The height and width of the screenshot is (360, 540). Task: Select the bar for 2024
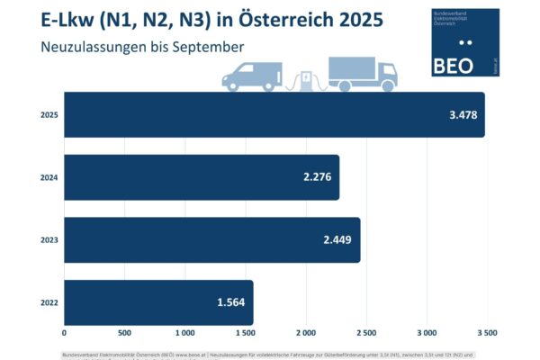[x=202, y=177]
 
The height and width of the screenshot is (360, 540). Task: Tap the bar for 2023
[x=212, y=239]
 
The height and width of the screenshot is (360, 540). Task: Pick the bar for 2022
[x=158, y=301]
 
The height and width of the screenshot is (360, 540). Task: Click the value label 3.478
[x=463, y=115]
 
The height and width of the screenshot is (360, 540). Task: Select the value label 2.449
[x=338, y=239]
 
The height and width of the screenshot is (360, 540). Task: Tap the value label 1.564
[x=231, y=301]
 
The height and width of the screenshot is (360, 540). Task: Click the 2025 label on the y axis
[x=49, y=115]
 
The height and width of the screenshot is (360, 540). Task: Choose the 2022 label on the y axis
[x=49, y=301]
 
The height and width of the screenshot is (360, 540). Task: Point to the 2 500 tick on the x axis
[x=365, y=332]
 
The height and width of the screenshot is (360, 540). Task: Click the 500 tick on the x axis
[x=124, y=332]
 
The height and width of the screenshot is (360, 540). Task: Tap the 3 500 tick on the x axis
[x=486, y=332]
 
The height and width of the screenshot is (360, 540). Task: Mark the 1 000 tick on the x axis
[x=184, y=332]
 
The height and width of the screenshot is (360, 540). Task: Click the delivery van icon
[x=252, y=76]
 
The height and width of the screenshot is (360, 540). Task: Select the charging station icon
[x=308, y=80]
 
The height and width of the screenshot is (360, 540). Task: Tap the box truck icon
[x=362, y=75]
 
